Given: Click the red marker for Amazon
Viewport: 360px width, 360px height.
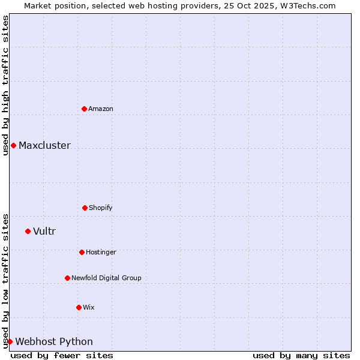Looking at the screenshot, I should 84,109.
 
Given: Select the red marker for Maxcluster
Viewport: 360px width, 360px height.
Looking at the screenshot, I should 13,145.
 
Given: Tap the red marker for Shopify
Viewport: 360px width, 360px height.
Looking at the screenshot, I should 85,208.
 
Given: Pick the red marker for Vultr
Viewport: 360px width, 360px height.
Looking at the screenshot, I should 28,231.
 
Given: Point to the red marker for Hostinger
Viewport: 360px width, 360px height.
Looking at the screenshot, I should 82,252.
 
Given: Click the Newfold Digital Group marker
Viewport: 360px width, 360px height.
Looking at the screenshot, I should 67,278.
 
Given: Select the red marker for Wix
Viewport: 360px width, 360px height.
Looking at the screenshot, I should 79,307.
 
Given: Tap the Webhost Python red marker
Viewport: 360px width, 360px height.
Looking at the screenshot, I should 10,341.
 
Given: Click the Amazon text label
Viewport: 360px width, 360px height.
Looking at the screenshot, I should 101,109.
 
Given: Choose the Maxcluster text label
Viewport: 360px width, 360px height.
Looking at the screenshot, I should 44,145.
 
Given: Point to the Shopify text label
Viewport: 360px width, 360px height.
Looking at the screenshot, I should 101,208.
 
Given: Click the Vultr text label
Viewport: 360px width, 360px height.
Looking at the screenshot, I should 44,231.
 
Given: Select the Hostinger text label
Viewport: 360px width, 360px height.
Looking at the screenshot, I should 101,252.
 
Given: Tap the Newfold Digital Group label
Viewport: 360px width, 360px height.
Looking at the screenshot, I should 106,278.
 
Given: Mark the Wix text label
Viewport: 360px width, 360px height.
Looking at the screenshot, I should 89,307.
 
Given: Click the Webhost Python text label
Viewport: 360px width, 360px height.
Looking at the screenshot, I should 54,341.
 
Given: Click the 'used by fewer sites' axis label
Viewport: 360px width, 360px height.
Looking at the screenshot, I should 62,355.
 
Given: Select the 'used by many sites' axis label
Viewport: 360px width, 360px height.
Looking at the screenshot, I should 301,355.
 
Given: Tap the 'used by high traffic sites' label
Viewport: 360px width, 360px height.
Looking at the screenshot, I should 5,85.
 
